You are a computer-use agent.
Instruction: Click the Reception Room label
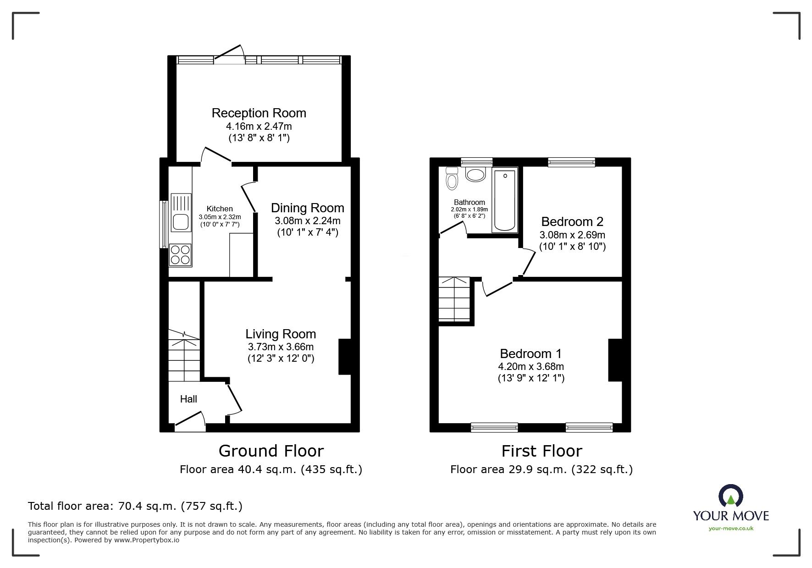pyautogui.click(x=259, y=113)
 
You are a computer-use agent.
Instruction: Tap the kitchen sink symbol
pyautogui.click(x=181, y=213)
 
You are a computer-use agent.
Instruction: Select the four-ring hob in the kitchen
pyautogui.click(x=180, y=255)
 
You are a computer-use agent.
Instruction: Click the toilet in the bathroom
pyautogui.click(x=452, y=179)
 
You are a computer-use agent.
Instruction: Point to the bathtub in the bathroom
pyautogui.click(x=504, y=201)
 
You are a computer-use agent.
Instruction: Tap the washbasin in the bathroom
pyautogui.click(x=475, y=174)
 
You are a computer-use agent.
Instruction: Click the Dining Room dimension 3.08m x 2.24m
pyautogui.click(x=307, y=221)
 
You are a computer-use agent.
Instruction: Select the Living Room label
pyautogui.click(x=281, y=334)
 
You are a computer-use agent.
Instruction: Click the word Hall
pyautogui.click(x=188, y=399)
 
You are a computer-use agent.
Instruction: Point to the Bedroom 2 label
pyautogui.click(x=572, y=222)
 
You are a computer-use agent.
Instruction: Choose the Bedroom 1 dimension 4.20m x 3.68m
pyautogui.click(x=531, y=367)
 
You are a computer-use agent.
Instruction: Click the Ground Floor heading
pyautogui.click(x=271, y=451)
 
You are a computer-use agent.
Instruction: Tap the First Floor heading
pyautogui.click(x=541, y=451)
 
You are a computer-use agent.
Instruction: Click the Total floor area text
pyautogui.click(x=135, y=506)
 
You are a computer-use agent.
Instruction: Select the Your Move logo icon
pyautogui.click(x=730, y=496)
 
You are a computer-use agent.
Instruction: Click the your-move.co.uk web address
pyautogui.click(x=731, y=529)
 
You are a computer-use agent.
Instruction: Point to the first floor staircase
pyautogui.click(x=454, y=299)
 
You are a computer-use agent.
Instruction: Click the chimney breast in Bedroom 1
pyautogui.click(x=615, y=360)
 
